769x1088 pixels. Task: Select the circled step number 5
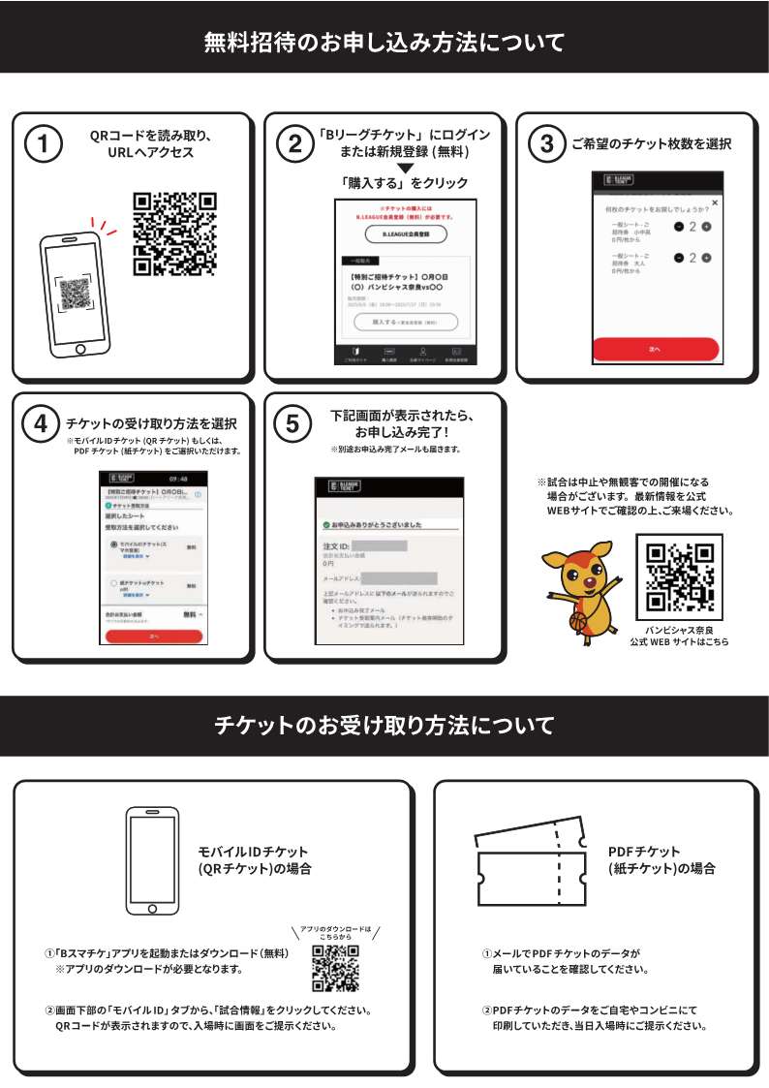(x=294, y=423)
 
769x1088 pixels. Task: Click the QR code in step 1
(x=174, y=233)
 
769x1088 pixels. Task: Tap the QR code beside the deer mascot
(x=678, y=575)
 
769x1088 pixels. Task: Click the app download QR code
(x=335, y=967)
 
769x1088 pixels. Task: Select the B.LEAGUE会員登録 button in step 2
(x=400, y=234)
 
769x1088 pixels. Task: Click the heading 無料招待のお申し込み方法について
(x=384, y=43)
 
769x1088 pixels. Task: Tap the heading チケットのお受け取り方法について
(x=384, y=725)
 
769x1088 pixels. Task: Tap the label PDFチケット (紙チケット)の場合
(x=662, y=860)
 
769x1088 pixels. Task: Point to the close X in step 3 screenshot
(x=715, y=202)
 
